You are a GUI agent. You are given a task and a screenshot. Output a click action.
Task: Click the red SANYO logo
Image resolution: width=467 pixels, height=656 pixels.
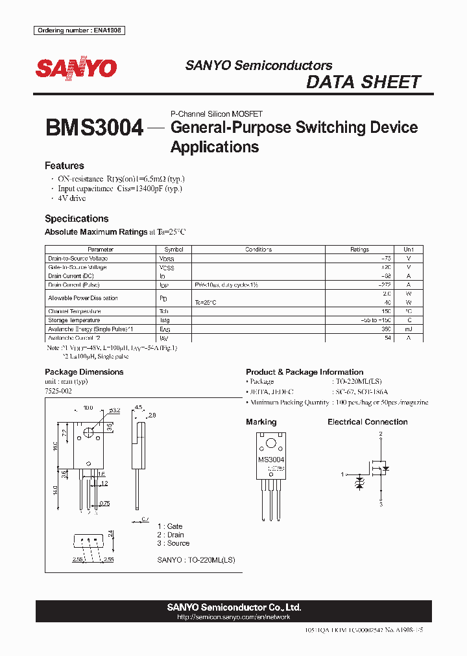77,68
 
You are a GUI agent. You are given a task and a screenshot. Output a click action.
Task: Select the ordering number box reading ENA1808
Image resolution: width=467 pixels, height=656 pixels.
80,30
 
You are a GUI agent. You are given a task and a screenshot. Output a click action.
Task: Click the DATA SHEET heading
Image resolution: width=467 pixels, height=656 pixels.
363,82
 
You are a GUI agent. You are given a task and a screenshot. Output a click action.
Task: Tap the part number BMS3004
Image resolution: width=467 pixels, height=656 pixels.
94,128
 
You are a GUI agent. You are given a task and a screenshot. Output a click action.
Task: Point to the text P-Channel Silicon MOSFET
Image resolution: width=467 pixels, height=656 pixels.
216,114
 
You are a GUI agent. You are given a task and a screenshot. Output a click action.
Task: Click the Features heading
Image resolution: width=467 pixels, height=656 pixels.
64,165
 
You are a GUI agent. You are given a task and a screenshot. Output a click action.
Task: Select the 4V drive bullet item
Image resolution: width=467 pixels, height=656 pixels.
72,198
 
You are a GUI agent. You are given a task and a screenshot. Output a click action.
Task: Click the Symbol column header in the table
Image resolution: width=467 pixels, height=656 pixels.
173,250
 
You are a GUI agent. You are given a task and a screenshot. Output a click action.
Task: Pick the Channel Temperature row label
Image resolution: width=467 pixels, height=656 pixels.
74,311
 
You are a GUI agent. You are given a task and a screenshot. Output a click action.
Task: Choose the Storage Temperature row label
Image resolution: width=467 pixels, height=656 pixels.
74,320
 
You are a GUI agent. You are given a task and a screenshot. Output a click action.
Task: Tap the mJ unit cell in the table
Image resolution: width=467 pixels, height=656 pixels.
408,329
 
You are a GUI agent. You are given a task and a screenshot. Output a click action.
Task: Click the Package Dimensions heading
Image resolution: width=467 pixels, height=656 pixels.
84,372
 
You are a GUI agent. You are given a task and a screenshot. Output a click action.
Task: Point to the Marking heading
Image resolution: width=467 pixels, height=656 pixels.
261,422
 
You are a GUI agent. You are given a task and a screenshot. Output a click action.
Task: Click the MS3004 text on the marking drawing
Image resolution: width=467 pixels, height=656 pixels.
271,460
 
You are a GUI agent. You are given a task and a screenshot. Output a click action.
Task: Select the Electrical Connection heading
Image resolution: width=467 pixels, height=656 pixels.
367,422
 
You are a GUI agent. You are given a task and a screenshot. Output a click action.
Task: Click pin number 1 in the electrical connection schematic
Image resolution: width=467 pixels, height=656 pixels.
342,474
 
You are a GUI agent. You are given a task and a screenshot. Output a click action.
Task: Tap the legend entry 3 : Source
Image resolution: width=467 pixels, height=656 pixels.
173,543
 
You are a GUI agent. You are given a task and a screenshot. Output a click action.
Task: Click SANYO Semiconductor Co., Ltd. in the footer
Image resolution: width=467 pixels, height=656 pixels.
233,607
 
